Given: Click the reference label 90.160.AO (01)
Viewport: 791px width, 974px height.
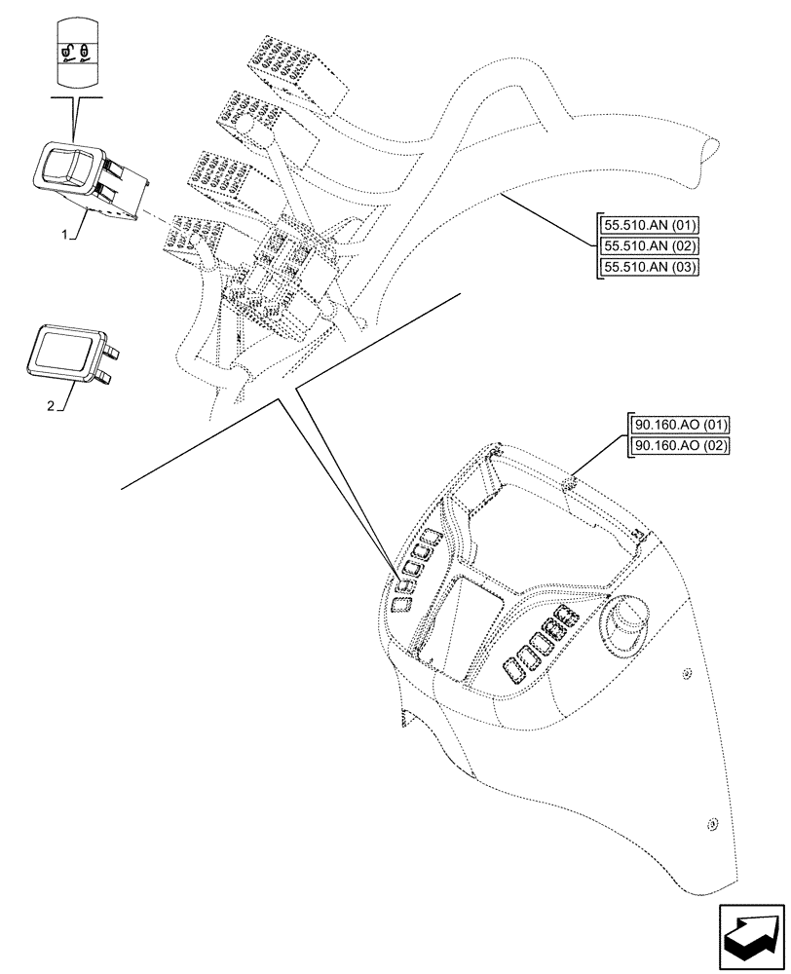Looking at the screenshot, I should click(x=680, y=426).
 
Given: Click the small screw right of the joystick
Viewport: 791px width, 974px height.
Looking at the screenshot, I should click(x=686, y=674).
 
